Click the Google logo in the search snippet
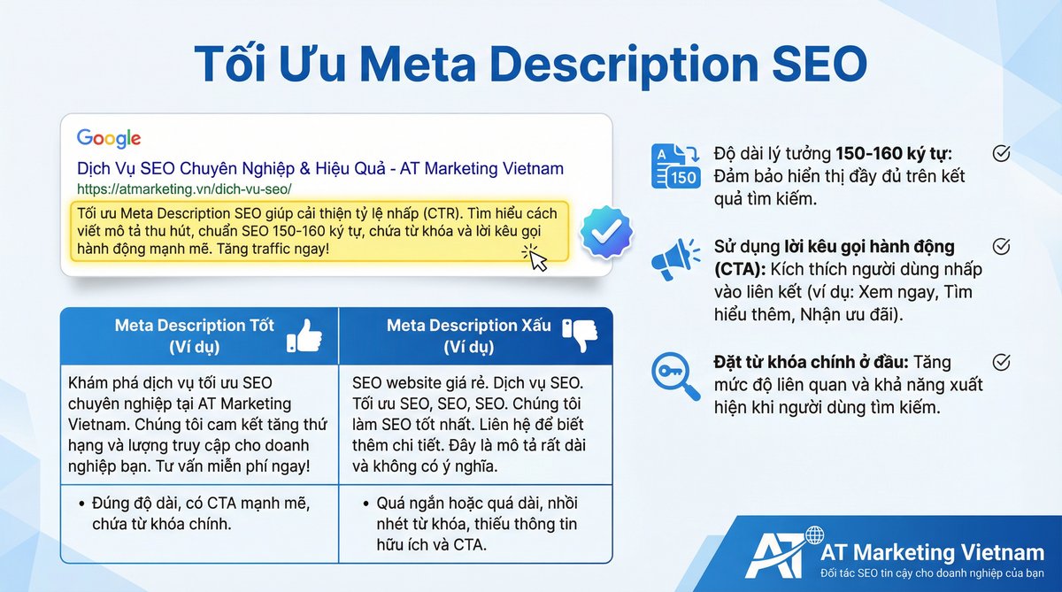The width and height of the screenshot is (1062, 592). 109,138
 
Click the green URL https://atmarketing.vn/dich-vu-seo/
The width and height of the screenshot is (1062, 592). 184,188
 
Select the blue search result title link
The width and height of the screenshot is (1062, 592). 319,168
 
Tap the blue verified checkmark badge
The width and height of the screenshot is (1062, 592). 606,232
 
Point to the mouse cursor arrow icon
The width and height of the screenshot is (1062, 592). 535,258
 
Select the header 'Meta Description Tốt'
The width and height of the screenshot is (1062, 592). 194,326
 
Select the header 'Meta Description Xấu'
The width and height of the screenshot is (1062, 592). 468,326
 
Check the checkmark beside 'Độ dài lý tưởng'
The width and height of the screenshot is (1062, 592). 1001,153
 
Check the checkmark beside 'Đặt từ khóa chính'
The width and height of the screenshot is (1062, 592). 1001,362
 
